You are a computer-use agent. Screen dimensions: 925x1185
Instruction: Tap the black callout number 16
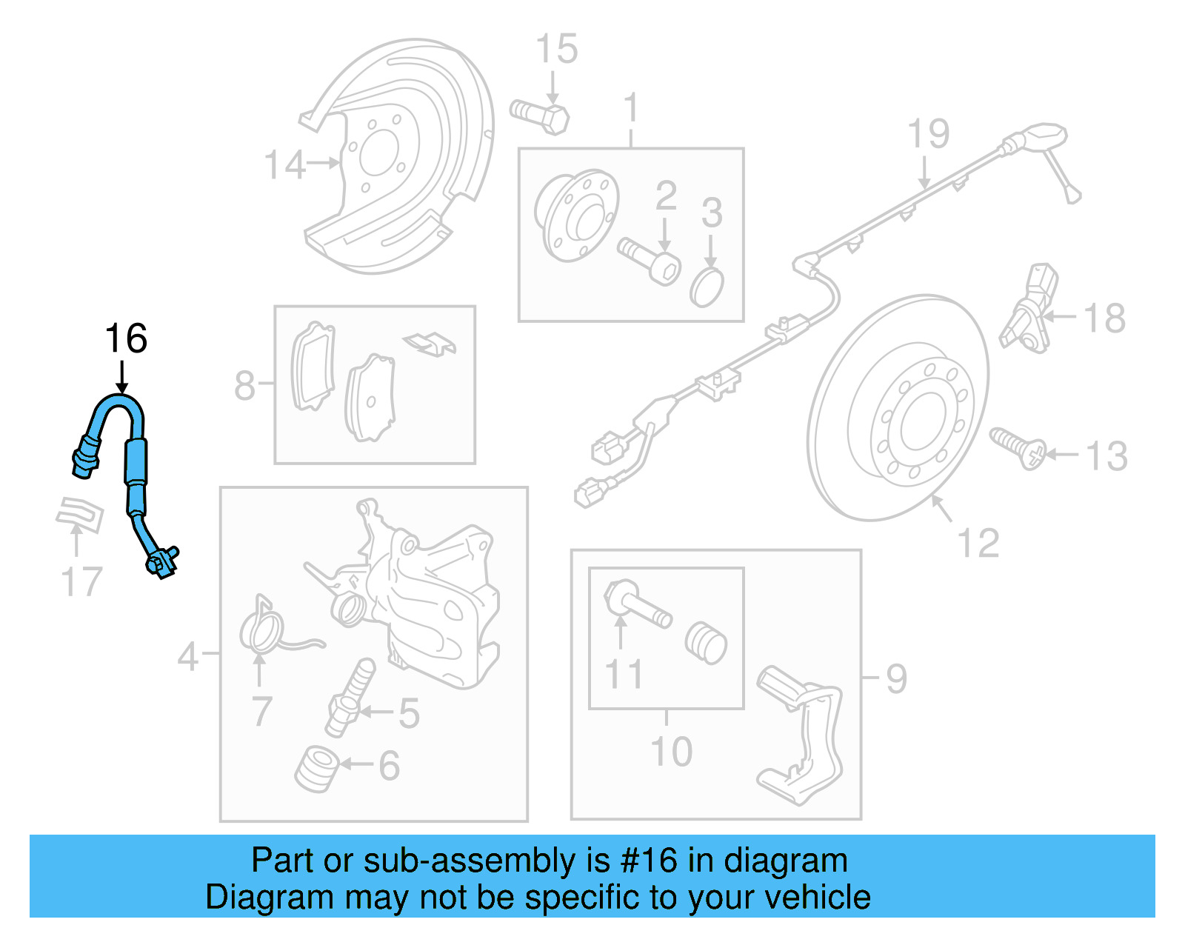point(126,339)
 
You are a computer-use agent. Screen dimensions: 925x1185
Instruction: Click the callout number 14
point(284,164)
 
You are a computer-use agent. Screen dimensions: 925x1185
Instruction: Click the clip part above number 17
point(79,512)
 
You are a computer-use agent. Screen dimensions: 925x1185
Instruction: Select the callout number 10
point(671,751)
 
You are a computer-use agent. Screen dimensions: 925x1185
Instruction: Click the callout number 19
point(928,134)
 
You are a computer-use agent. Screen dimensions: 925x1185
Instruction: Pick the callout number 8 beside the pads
point(245,386)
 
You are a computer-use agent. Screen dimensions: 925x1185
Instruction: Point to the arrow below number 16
point(122,377)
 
